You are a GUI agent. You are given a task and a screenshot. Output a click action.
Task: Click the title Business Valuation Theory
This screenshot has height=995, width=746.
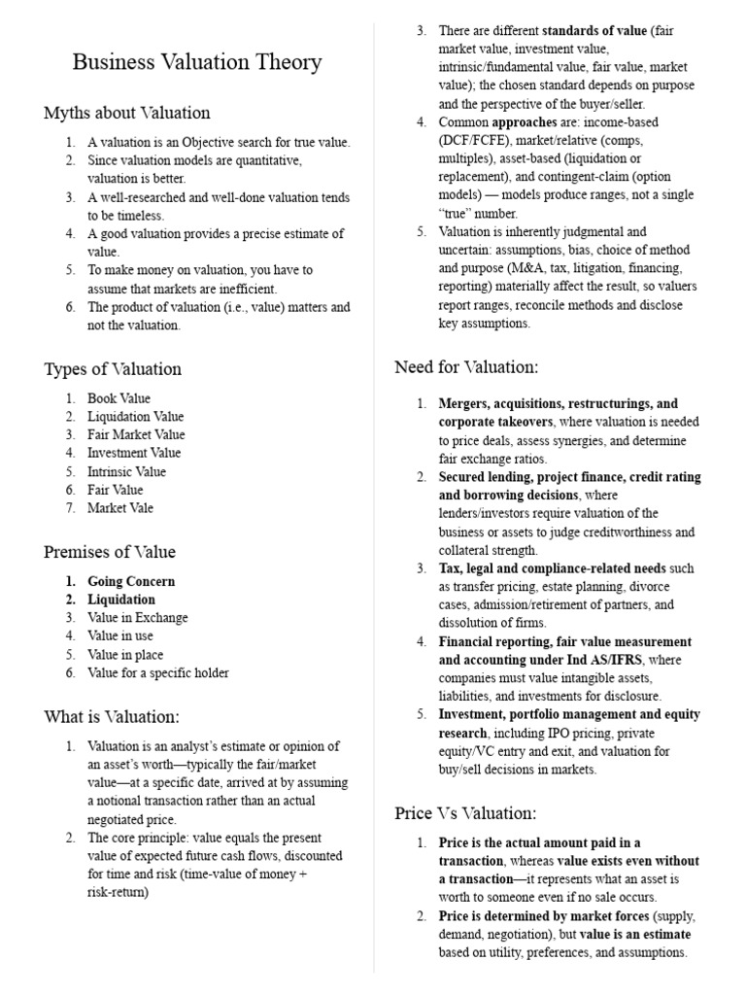[x=197, y=63]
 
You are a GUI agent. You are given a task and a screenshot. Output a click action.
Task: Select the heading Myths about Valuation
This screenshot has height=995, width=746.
[x=126, y=113]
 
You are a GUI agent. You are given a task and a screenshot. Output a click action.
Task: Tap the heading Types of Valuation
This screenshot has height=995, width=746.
[x=112, y=369]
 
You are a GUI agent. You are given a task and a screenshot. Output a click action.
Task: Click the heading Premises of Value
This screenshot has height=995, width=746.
[x=110, y=552]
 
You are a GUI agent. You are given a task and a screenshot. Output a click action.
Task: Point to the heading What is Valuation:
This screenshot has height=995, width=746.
[x=112, y=717]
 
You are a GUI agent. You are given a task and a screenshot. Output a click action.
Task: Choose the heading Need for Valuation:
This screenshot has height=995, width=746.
[x=465, y=366]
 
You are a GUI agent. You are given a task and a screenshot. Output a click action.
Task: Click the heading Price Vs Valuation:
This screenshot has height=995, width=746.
[x=464, y=812]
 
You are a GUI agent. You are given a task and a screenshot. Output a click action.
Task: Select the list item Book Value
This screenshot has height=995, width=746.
[x=119, y=398]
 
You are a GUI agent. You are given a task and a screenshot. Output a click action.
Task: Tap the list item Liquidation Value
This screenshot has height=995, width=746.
[x=135, y=417]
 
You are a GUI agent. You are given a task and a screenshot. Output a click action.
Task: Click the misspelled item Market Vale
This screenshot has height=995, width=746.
[x=119, y=508]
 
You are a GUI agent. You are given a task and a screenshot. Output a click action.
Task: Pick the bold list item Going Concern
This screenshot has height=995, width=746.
[x=131, y=581]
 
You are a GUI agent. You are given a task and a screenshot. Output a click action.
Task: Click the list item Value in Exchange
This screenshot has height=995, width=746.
[x=137, y=618]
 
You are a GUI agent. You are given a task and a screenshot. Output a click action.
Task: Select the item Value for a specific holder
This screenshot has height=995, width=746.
[x=158, y=672]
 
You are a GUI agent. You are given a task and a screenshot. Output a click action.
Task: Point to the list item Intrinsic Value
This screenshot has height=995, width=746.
[x=126, y=471]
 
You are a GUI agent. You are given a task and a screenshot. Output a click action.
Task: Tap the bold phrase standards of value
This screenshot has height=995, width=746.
[x=596, y=31]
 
